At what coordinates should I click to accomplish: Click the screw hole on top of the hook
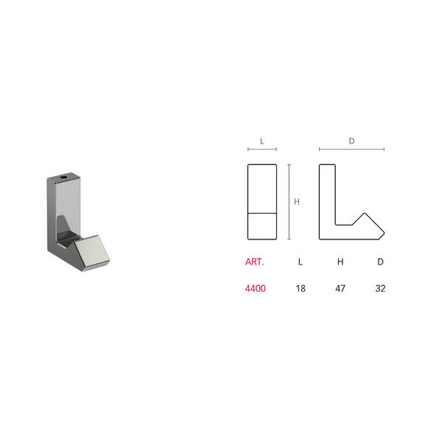[64, 178]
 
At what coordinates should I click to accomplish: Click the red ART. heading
[255, 262]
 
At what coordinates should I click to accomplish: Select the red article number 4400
[256, 288]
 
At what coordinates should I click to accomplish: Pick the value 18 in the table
[301, 288]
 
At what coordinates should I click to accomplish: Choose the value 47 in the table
[340, 288]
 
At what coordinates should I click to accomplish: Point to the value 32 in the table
[380, 288]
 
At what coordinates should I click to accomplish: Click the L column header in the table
[301, 262]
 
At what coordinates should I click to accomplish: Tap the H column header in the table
[340, 262]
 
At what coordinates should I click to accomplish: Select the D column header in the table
[381, 262]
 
